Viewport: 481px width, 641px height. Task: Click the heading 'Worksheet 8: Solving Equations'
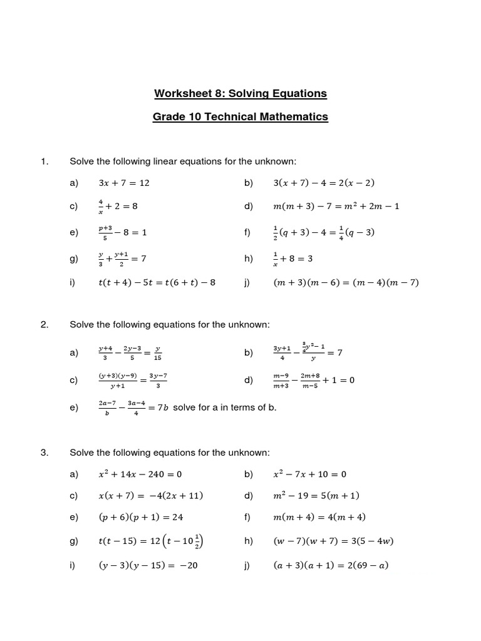[x=240, y=94]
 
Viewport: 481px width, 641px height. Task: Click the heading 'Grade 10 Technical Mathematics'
[x=240, y=117]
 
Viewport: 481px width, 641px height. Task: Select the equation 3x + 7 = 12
[x=124, y=183]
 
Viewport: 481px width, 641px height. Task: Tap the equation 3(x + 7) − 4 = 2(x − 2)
[x=324, y=183]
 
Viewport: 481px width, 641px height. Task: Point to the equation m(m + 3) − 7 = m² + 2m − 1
[x=336, y=207]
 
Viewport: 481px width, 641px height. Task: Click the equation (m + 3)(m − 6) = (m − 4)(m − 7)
[x=346, y=282]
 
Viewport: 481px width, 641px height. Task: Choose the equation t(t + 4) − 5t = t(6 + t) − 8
[x=157, y=282]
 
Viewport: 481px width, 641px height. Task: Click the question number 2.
[x=44, y=324]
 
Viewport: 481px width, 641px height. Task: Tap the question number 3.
[x=44, y=453]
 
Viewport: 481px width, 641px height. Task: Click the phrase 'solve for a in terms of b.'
[x=224, y=408]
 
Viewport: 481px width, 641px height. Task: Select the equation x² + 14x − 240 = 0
[x=140, y=474]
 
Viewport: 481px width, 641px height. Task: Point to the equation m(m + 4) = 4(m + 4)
[x=319, y=518]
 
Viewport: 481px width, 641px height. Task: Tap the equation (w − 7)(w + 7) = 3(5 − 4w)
[x=333, y=541]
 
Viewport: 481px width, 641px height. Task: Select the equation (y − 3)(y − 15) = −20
[x=148, y=566]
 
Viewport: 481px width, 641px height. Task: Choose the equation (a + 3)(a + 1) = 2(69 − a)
[x=331, y=566]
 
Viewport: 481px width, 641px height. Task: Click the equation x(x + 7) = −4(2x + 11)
[x=151, y=496]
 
